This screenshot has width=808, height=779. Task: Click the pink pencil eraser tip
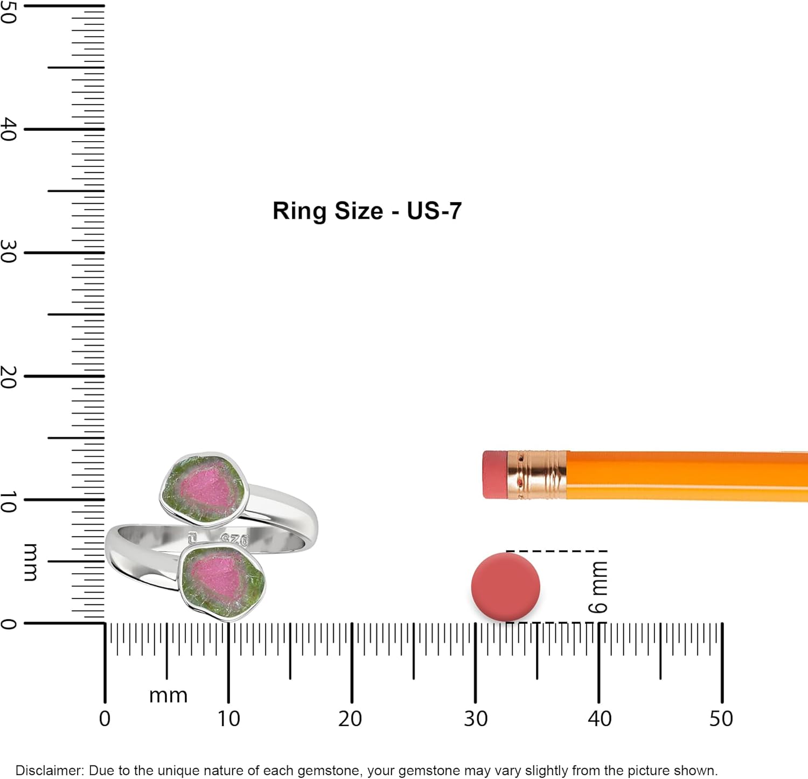pyautogui.click(x=494, y=475)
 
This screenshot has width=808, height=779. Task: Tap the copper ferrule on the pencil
pyautogui.click(x=537, y=475)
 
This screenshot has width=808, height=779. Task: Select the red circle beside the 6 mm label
pyautogui.click(x=505, y=587)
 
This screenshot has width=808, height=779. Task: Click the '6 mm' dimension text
pyautogui.click(x=598, y=587)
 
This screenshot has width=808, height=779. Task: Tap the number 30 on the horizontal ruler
pyautogui.click(x=476, y=719)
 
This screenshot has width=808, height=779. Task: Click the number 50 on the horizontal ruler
pyautogui.click(x=721, y=719)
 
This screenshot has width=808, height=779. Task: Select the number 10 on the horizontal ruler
pyautogui.click(x=228, y=719)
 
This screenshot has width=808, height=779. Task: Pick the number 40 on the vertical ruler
pyautogui.click(x=9, y=129)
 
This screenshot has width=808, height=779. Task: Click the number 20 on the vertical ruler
pyautogui.click(x=9, y=377)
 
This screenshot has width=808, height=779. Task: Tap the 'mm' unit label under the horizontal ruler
pyautogui.click(x=168, y=695)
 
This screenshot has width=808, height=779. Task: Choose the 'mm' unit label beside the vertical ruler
pyautogui.click(x=31, y=562)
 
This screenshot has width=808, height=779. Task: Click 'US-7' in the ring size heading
pyautogui.click(x=434, y=211)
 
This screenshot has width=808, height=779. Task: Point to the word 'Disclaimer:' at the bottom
pyautogui.click(x=50, y=770)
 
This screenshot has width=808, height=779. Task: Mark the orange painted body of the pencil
pyautogui.click(x=684, y=476)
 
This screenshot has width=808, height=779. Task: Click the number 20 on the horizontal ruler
pyautogui.click(x=350, y=719)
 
